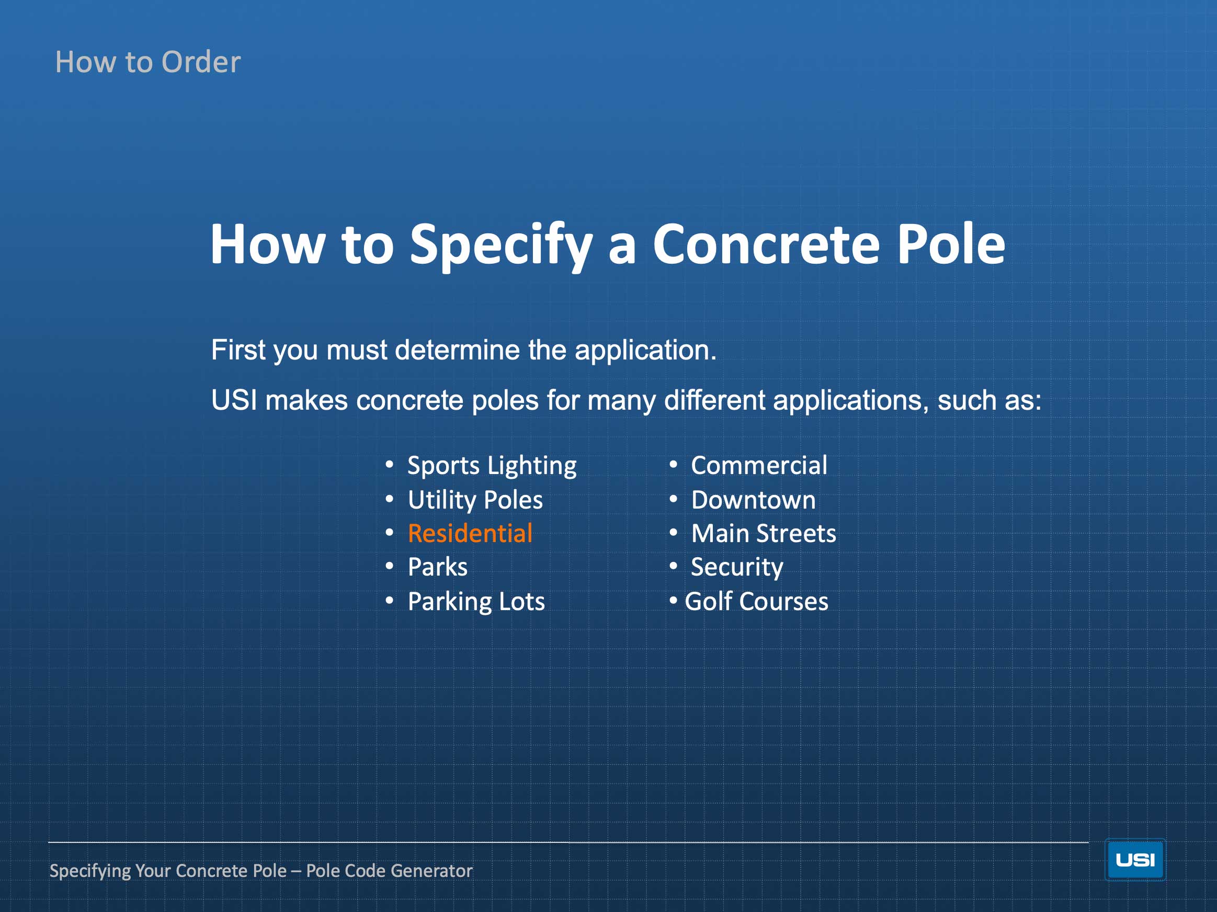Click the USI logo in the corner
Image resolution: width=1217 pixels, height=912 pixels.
click(x=1135, y=860)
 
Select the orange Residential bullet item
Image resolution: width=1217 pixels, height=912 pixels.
click(x=470, y=533)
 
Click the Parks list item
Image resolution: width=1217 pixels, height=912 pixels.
click(x=437, y=567)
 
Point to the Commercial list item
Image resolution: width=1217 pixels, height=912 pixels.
click(x=759, y=466)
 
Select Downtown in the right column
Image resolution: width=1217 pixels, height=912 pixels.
click(x=753, y=500)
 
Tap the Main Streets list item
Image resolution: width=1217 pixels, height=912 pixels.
click(x=764, y=533)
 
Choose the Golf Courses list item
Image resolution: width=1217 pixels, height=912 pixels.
click(x=756, y=601)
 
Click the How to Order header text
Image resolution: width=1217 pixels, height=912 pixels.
click(x=148, y=62)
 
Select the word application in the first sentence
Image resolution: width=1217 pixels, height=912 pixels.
click(x=645, y=351)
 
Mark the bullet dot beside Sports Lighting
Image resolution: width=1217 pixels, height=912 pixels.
click(x=390, y=465)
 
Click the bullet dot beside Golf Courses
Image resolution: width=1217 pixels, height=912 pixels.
click(x=674, y=601)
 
